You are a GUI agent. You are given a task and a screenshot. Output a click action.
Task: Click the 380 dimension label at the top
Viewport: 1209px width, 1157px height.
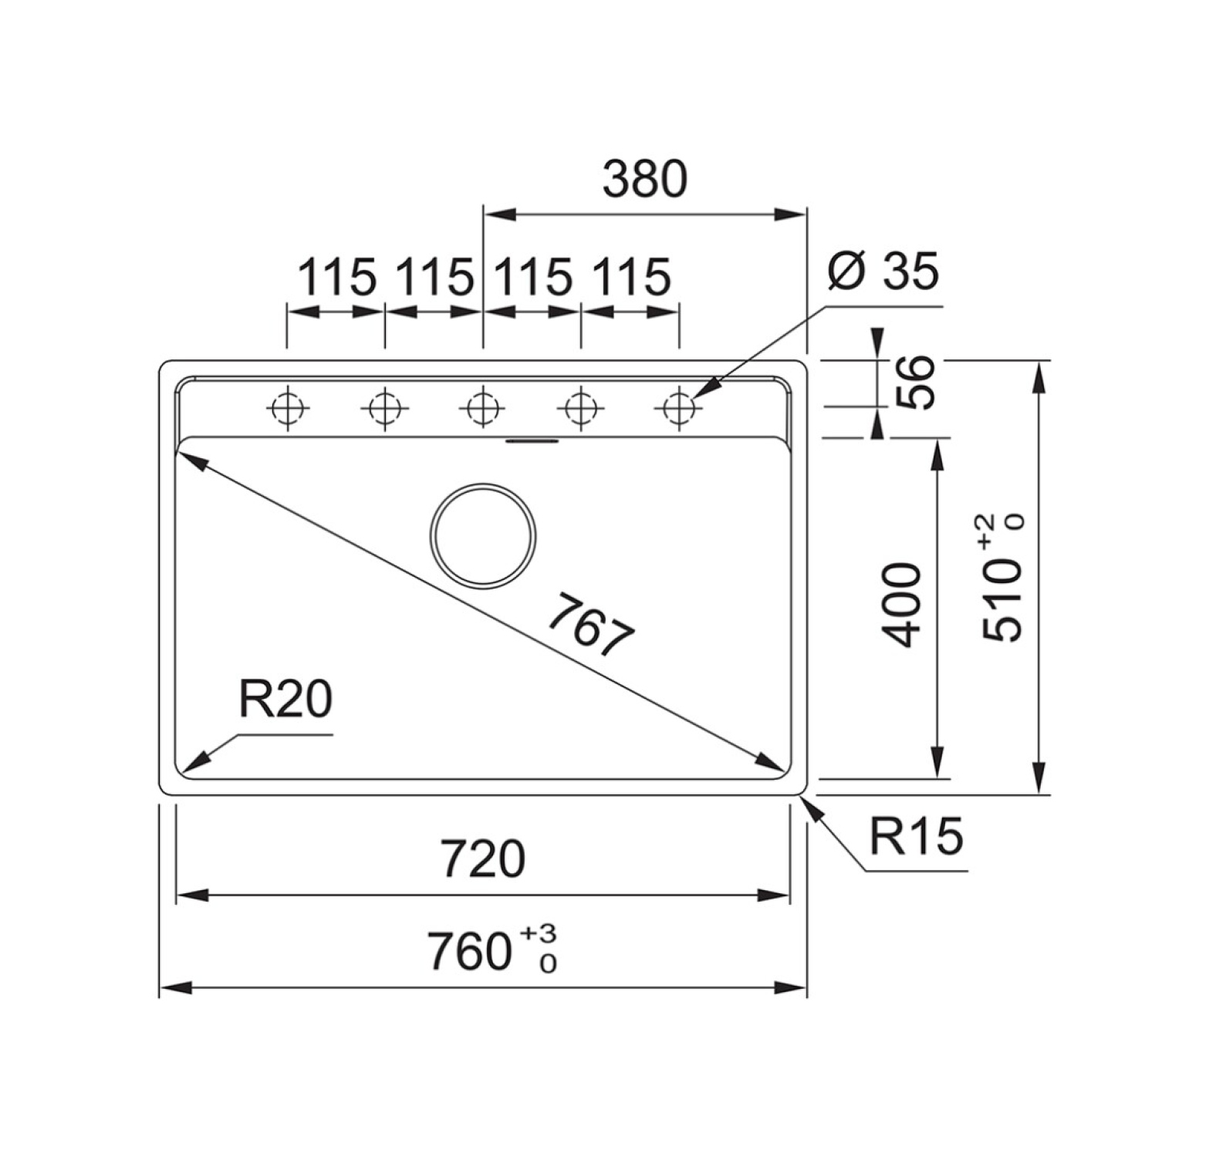click(x=644, y=178)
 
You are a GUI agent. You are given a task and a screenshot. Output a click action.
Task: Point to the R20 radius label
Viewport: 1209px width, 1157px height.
click(x=285, y=700)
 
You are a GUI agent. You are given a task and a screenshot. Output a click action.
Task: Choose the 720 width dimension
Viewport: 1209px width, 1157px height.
click(x=484, y=858)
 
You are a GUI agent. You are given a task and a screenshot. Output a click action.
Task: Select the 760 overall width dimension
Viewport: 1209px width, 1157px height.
click(x=469, y=951)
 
